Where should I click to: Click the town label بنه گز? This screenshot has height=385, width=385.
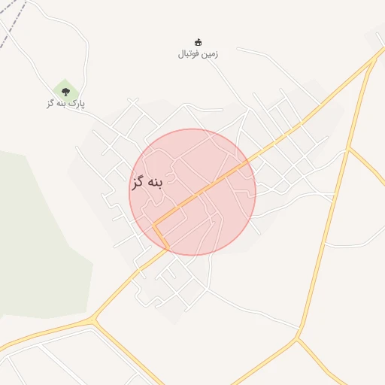(147, 183)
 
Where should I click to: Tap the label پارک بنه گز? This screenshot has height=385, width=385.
(65, 103)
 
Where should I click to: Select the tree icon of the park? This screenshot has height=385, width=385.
(65, 92)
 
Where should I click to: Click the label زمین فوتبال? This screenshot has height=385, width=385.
(198, 54)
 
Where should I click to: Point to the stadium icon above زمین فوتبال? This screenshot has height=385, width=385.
(199, 42)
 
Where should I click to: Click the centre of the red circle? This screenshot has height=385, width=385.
(192, 192)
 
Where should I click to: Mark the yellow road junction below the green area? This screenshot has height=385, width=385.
(93, 322)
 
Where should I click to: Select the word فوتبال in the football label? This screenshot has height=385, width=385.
(189, 54)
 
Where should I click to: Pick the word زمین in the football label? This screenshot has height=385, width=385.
(210, 54)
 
